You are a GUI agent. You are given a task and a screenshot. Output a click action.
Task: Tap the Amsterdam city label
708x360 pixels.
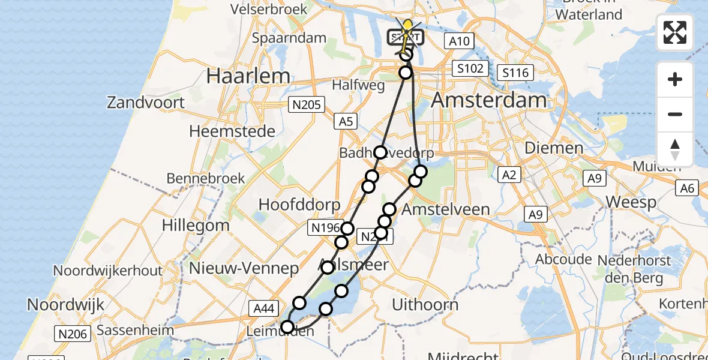pos(489,100)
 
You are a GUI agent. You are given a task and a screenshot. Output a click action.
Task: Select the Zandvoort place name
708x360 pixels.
pos(146,103)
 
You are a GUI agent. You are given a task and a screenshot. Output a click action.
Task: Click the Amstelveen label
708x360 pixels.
pos(446,210)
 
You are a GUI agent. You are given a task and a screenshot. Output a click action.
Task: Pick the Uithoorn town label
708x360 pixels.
pos(425,305)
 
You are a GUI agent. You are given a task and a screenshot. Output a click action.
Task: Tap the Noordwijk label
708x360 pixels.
pos(58,304)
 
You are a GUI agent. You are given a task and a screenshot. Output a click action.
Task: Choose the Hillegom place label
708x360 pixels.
pos(196,226)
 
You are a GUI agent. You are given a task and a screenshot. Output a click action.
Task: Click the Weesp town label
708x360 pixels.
pos(631,202)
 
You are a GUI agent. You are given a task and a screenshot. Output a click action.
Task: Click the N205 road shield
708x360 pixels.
pos(306,105)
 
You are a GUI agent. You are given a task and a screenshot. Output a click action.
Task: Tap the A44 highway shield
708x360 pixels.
pos(264,308)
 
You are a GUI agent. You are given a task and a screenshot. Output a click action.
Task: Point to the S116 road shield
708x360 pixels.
pos(515,73)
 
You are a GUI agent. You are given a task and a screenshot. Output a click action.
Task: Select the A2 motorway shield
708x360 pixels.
pos(508,175)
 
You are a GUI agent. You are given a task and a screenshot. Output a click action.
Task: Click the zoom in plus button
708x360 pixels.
pos(675,79)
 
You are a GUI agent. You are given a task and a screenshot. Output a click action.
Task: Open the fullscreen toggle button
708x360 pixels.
pos(675,32)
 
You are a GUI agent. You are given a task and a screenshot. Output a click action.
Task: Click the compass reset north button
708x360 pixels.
pos(675,149)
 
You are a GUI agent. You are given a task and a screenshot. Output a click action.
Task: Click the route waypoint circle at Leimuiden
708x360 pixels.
pos(287,327)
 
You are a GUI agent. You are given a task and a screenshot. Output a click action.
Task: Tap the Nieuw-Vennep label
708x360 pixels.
pos(244,268)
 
